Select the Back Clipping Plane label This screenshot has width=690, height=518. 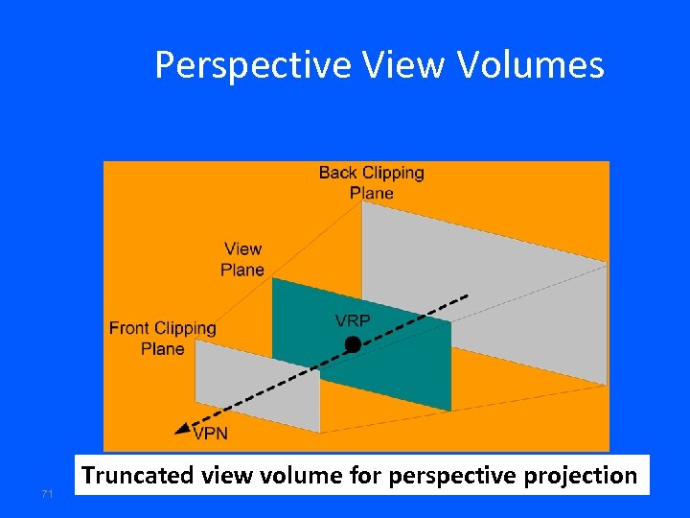pos(371,182)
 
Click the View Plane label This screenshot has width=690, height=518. pos(241,259)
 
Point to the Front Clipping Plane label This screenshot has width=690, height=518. pos(162,338)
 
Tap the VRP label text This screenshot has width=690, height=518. pos(352,320)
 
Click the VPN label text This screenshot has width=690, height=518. pos(210,434)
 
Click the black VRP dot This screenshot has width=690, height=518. pos(353,343)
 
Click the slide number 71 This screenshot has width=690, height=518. pos(46,493)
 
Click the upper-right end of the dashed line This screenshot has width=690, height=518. pos(467,294)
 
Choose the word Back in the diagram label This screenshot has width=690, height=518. pos(337,173)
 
